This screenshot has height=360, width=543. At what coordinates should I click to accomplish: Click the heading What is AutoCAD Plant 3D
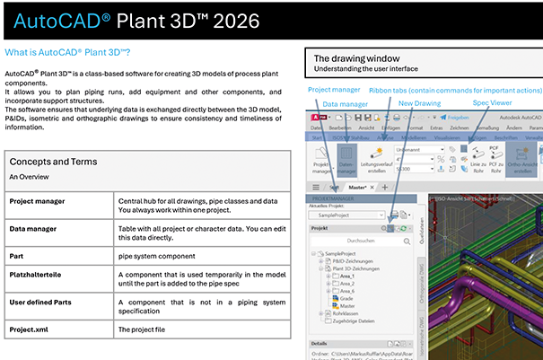click(x=68, y=52)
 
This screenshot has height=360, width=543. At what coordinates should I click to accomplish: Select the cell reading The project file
click(x=147, y=329)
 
